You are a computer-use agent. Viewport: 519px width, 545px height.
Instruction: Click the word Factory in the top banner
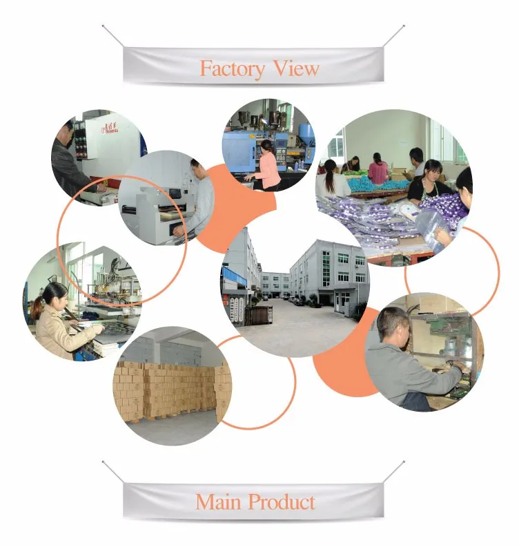tap(232, 69)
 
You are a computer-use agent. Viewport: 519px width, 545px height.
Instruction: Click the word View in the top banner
tap(296, 69)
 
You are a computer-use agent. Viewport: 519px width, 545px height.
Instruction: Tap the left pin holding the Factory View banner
tap(104, 26)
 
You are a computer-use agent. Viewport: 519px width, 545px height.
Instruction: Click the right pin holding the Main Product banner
tap(403, 461)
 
